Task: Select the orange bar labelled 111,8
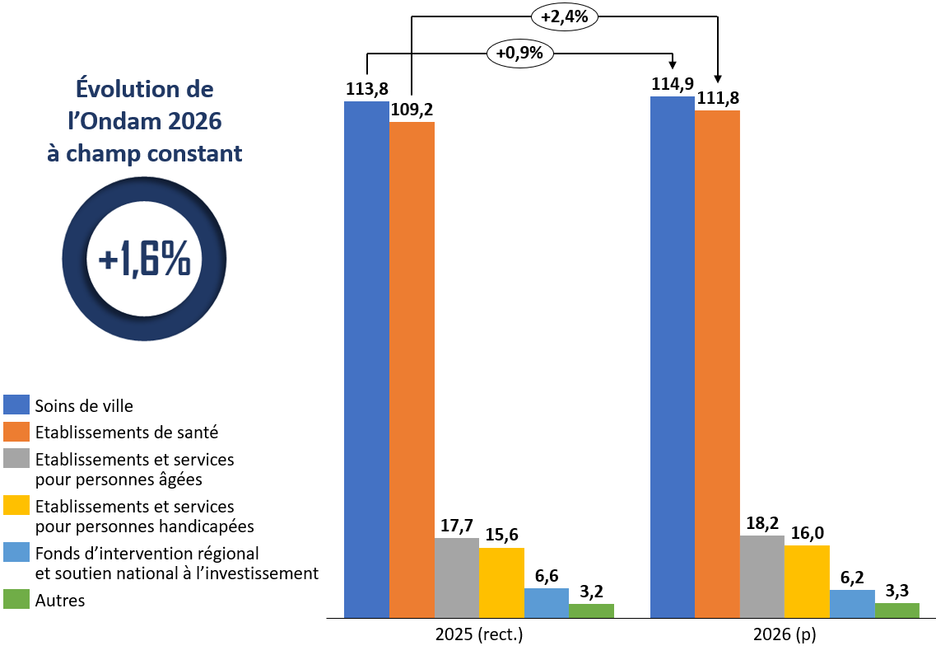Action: coord(717,363)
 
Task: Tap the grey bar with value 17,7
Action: coord(456,577)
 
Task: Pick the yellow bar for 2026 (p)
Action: coord(807,581)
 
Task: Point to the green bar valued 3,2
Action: coord(591,611)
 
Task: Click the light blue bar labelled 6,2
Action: coord(851,603)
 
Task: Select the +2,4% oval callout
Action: coord(564,17)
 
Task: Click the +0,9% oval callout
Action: coord(520,54)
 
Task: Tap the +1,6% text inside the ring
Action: coord(144,260)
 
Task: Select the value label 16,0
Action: coord(807,533)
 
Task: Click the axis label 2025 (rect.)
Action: coord(479,635)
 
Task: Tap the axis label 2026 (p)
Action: coord(785,635)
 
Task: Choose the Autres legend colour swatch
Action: coord(16,600)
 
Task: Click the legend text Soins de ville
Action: coord(83,405)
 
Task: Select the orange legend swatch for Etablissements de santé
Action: coord(16,432)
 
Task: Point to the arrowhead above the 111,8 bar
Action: coord(718,79)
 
